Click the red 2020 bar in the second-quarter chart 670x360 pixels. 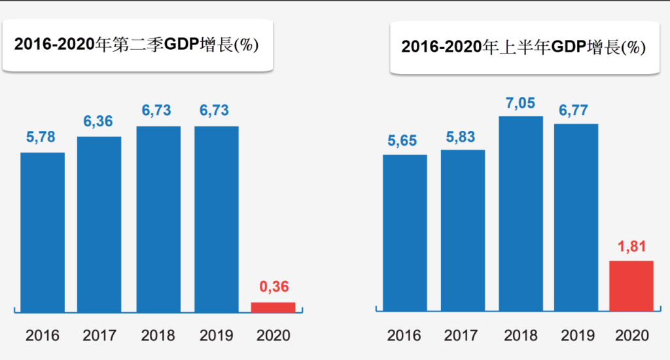pyautogui.click(x=273, y=307)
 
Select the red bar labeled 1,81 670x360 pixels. pyautogui.click(x=631, y=286)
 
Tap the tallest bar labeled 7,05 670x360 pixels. pyautogui.click(x=521, y=213)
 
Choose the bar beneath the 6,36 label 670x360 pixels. pyautogui.click(x=99, y=223)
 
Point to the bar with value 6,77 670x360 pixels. pyautogui.click(x=576, y=217)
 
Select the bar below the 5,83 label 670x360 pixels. pyautogui.click(x=463, y=230)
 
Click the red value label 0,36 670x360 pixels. pyautogui.click(x=273, y=287)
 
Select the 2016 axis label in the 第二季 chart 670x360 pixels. pyautogui.click(x=43, y=336)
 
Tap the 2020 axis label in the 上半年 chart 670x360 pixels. pyautogui.click(x=632, y=336)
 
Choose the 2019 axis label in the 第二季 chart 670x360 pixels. pyautogui.click(x=216, y=336)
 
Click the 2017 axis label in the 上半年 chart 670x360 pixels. pyautogui.click(x=461, y=336)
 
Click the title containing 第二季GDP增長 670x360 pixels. pyautogui.click(x=137, y=45)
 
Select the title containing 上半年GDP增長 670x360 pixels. pyautogui.click(x=523, y=47)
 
